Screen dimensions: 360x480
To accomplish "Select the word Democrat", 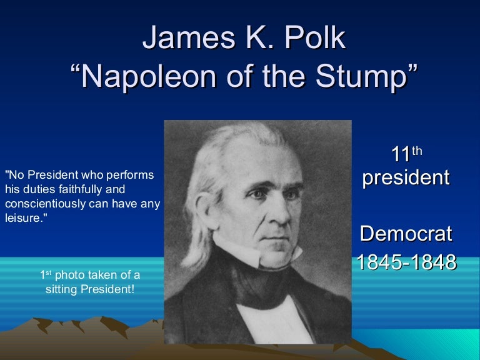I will pyautogui.click(x=406, y=234).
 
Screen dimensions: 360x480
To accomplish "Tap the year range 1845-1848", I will pyautogui.click(x=406, y=262).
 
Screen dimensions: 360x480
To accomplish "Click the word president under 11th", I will pyautogui.click(x=406, y=177).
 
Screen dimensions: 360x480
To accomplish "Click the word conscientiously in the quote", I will pyautogui.click(x=42, y=204).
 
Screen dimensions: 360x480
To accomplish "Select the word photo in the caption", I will pyautogui.click(x=68, y=275).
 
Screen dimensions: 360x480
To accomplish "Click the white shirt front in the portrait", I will pyautogui.click(x=269, y=312).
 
